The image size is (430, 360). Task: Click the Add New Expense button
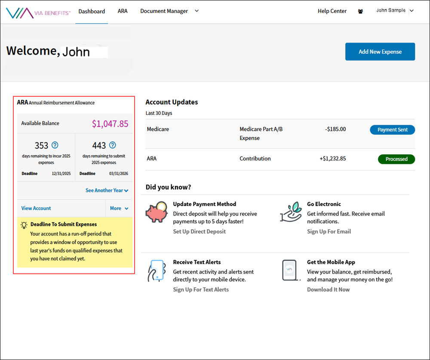[x=380, y=52]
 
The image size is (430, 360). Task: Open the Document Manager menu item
[x=164, y=11]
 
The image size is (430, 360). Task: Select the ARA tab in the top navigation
[x=123, y=11]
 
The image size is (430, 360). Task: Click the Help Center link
[x=332, y=11]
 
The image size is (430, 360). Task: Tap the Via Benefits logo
[x=38, y=12]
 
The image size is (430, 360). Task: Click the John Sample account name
[x=390, y=10]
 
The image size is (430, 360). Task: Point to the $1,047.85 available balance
[x=110, y=124]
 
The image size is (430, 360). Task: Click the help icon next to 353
[x=55, y=145]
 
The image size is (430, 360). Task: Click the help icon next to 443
[x=113, y=145]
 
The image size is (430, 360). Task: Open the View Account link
[x=36, y=208]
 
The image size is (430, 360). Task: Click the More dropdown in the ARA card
[x=119, y=208]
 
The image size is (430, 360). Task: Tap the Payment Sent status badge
[x=392, y=129]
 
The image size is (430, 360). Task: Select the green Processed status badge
[x=396, y=159]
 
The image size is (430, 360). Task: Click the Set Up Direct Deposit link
[x=199, y=231]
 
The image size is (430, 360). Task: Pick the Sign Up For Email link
[x=329, y=231]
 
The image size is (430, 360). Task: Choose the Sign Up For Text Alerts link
[x=201, y=289]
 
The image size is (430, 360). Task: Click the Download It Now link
[x=328, y=289]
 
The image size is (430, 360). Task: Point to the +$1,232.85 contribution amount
[x=332, y=159]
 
